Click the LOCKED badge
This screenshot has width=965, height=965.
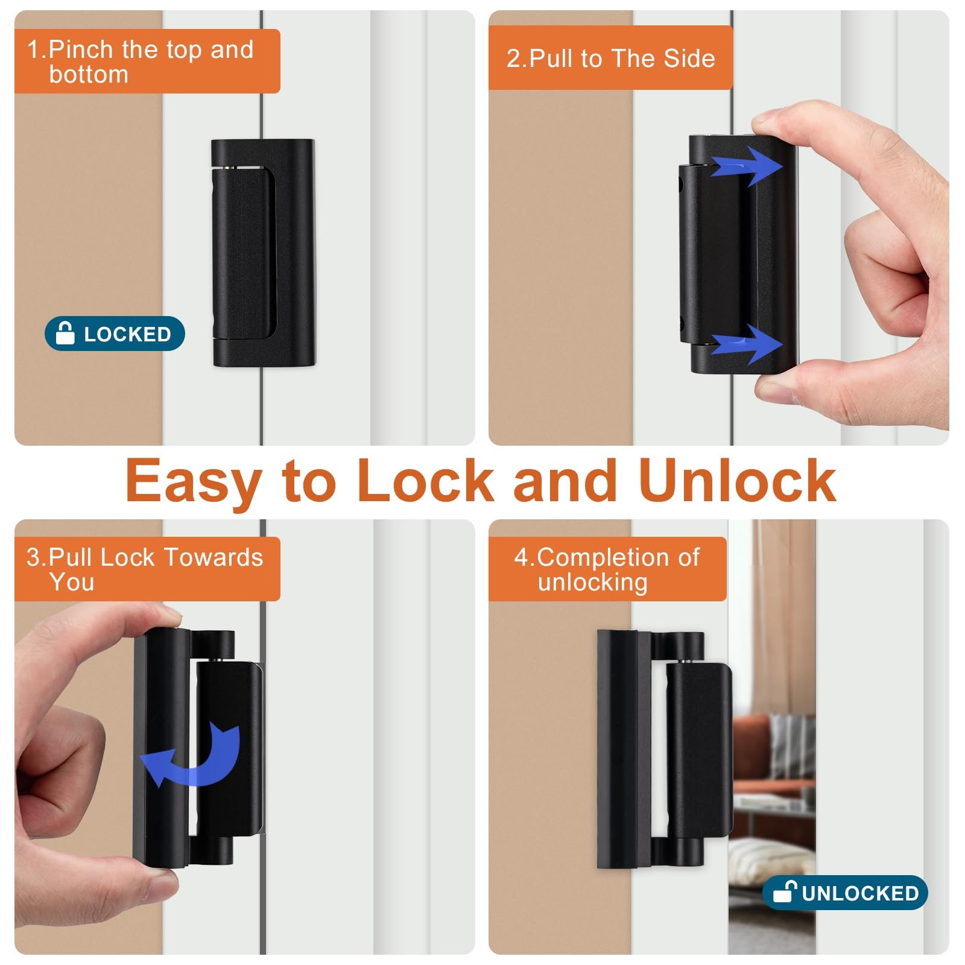[x=115, y=334]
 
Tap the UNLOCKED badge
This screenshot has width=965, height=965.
[x=845, y=893]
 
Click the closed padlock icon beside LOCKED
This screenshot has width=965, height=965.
[x=65, y=333]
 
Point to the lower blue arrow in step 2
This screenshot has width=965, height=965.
[x=747, y=344]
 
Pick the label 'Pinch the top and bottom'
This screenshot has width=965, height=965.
[x=140, y=62]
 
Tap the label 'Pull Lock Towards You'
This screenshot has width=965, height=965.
[x=145, y=569]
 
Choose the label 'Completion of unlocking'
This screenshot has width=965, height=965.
[x=607, y=569]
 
